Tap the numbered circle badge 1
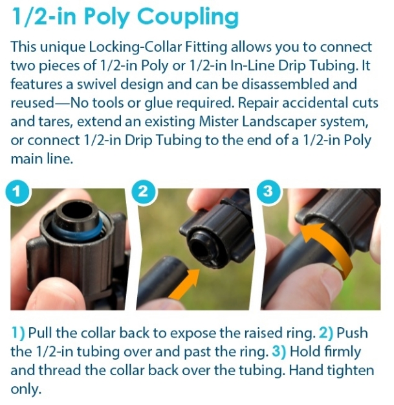[x=17, y=192]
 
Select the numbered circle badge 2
[x=144, y=192]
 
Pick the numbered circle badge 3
[x=268, y=192]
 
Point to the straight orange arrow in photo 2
[x=184, y=283]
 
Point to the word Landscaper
[x=279, y=122]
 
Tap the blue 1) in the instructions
[x=18, y=332]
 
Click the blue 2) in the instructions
[x=326, y=332]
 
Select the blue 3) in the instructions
[x=279, y=351]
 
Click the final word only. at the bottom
[x=26, y=389]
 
